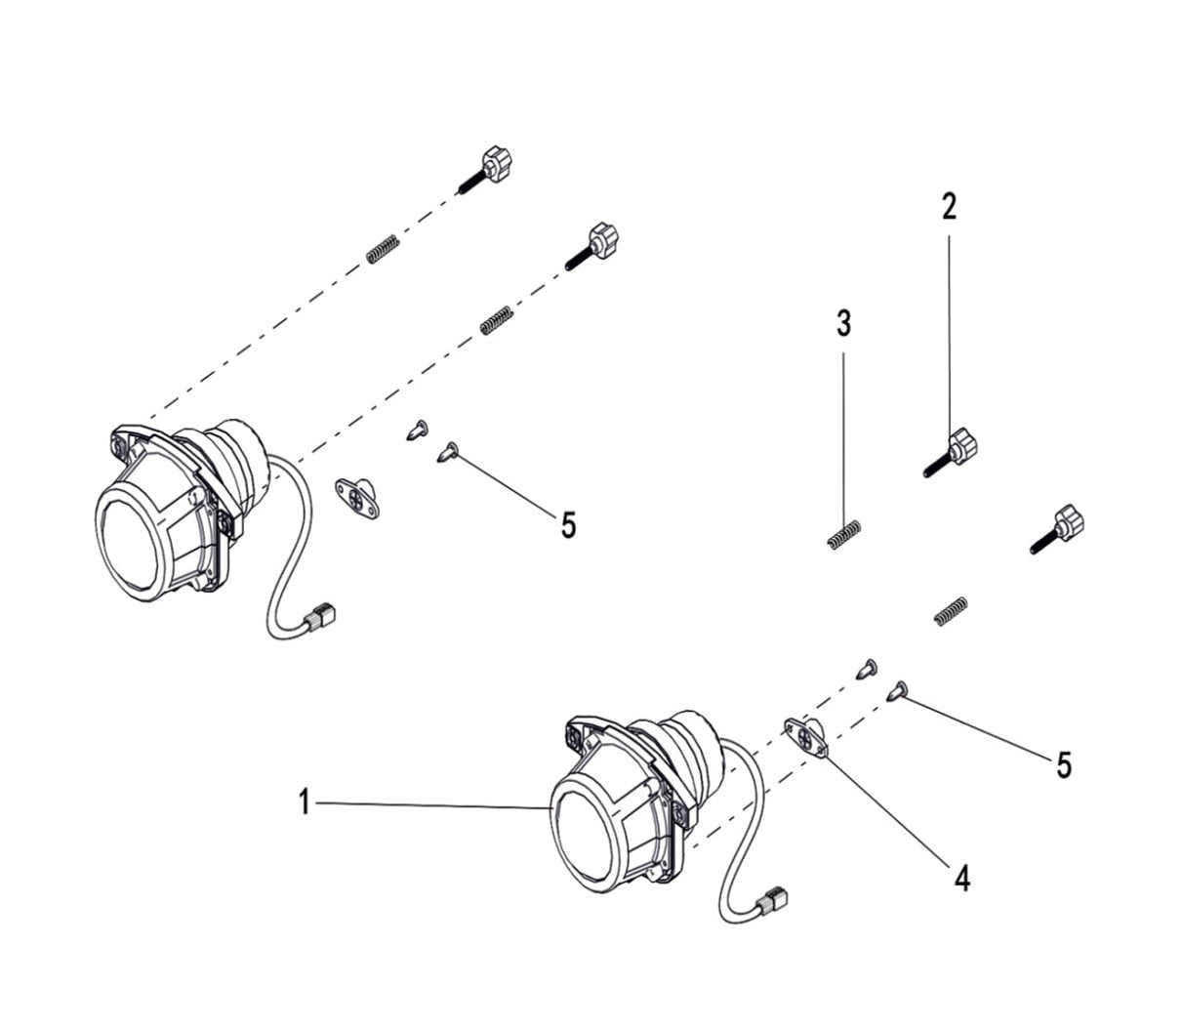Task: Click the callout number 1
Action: tap(304, 803)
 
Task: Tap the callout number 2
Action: tap(949, 206)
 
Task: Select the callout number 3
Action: tap(843, 323)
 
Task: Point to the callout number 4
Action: tap(961, 879)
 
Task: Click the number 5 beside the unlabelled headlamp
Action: tap(568, 525)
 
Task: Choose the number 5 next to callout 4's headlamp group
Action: tap(1063, 764)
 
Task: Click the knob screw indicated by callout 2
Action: tap(952, 450)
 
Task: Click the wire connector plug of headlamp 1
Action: tap(775, 895)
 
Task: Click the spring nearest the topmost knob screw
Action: tap(383, 249)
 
